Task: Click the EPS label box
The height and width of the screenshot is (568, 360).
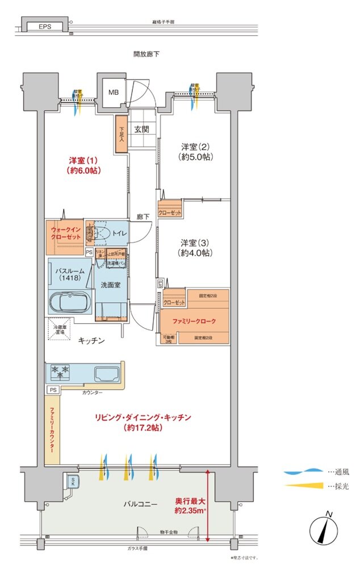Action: (x=46, y=27)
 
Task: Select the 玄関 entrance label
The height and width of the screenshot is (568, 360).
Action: (x=141, y=129)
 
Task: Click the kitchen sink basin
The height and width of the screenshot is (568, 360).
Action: (x=106, y=374)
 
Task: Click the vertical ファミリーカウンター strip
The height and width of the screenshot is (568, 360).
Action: (x=52, y=430)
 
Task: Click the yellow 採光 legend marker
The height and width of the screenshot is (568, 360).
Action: (x=303, y=486)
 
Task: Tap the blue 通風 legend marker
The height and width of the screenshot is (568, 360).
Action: (x=303, y=471)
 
